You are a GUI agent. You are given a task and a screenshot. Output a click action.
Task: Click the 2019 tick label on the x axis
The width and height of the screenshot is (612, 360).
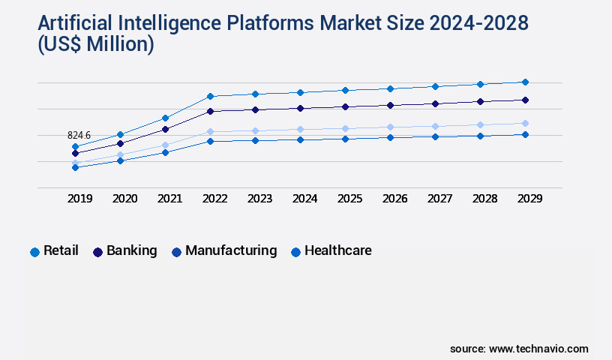pos(79,199)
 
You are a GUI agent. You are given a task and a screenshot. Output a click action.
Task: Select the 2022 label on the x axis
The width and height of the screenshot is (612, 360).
pos(214,199)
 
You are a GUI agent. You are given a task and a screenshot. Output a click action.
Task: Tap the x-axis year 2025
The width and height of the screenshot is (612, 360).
pos(349,199)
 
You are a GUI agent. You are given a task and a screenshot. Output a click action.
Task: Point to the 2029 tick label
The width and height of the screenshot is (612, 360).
pos(529,199)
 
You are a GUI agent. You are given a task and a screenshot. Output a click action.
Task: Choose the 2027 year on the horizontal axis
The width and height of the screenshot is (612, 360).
pos(439,199)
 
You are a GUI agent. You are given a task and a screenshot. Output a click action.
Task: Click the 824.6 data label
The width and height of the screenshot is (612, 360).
pos(79,135)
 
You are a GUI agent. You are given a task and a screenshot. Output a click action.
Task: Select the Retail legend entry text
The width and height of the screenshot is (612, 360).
pos(61,250)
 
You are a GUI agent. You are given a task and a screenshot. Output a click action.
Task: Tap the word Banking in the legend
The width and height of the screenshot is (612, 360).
pos(131,250)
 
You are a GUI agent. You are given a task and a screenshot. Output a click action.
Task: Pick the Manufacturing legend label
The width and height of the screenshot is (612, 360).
pos(231,250)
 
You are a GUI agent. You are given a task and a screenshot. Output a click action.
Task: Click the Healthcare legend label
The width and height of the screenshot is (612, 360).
pos(337,250)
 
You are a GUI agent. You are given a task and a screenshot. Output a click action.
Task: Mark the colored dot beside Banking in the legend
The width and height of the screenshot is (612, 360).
pos(97,252)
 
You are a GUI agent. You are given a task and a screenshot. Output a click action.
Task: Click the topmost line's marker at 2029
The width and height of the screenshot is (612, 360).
pos(525,82)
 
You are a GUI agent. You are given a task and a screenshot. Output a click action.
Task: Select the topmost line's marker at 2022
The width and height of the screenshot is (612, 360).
pos(210,96)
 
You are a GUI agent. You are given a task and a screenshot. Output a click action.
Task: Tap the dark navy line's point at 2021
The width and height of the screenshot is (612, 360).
pos(165,129)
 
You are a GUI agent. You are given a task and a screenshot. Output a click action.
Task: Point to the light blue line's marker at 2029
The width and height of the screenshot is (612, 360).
pos(525,123)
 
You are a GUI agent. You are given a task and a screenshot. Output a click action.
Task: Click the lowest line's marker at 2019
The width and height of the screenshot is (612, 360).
pos(75,167)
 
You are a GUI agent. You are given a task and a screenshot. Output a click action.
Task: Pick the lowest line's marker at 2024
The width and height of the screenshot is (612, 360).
pos(300,139)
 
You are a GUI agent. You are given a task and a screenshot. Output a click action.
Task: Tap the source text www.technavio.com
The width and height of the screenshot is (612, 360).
pos(538,349)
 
